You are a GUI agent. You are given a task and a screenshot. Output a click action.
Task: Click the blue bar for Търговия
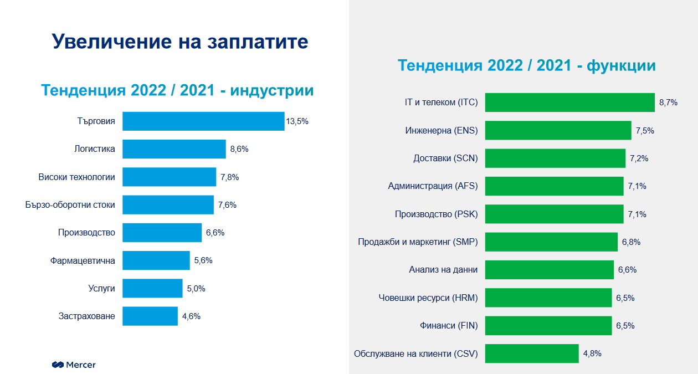click(203, 121)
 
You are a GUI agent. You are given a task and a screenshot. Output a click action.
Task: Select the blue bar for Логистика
click(174, 149)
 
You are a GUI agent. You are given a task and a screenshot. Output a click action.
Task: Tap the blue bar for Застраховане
click(150, 316)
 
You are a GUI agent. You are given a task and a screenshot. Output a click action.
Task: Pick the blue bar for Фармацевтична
click(156, 260)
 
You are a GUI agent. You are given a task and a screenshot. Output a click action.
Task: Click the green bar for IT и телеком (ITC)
click(570, 103)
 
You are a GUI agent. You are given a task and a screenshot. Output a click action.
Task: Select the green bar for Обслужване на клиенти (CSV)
click(532, 353)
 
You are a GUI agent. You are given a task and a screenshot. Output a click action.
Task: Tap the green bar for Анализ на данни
click(550, 270)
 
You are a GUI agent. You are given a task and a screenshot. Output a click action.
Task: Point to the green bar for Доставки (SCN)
click(555, 158)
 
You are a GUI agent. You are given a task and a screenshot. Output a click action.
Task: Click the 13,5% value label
click(297, 121)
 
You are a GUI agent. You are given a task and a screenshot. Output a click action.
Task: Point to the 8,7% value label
click(668, 103)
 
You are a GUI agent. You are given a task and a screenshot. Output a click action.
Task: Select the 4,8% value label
click(592, 353)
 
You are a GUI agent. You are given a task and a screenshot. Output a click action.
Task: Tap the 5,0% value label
click(196, 289)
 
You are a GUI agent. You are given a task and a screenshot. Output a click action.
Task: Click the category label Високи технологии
click(77, 177)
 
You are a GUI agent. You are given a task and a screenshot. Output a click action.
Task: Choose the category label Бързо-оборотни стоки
click(70, 205)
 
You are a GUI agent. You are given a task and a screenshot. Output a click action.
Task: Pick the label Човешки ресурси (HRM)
click(428, 298)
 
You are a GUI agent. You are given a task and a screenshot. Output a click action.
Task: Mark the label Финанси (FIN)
click(449, 326)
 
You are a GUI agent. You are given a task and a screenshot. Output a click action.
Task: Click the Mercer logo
click(74, 365)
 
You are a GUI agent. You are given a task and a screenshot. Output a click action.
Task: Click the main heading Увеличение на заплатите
click(180, 42)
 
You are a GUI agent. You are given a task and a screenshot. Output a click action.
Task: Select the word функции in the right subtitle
click(621, 65)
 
